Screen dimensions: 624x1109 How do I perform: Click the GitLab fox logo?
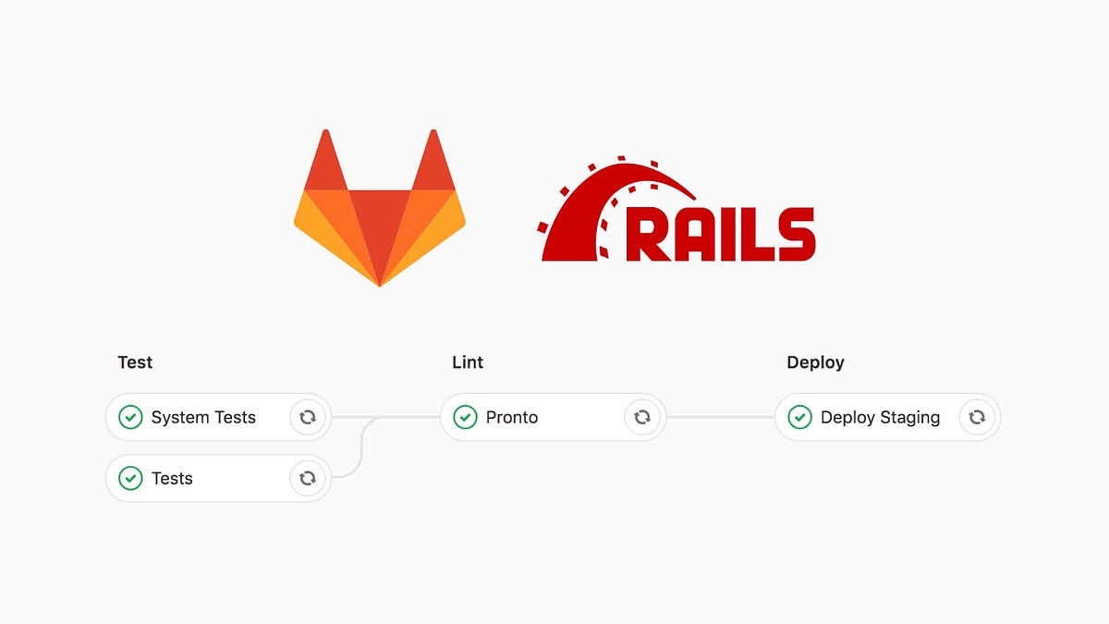379,217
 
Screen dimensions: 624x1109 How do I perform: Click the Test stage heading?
135,362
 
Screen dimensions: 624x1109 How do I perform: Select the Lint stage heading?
468,362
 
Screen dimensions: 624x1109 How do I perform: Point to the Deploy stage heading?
815,362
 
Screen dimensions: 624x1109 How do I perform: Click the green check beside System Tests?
130,418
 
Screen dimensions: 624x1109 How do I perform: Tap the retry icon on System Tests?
308,418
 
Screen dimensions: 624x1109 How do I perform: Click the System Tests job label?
203,418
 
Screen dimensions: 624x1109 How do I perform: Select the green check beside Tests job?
130,479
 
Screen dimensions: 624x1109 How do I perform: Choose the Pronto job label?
512,418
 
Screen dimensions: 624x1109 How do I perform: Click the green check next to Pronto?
465,418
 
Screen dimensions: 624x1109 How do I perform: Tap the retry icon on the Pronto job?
642,418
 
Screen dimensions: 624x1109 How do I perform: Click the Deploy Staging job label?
880,418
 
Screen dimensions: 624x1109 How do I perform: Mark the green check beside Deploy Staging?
799,418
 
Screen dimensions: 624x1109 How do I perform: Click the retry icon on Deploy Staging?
977,418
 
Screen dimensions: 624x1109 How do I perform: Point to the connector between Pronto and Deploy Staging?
720,418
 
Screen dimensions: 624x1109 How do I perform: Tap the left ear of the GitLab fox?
323,162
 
